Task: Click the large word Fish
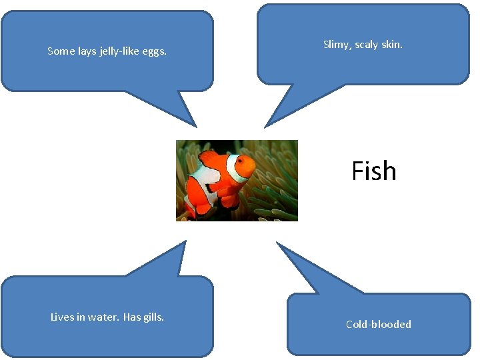coord(373,171)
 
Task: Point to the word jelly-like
coord(124,51)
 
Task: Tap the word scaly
coord(368,45)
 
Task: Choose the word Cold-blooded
coord(378,325)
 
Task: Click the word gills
coord(153,317)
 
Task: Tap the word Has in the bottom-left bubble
coord(132,317)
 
